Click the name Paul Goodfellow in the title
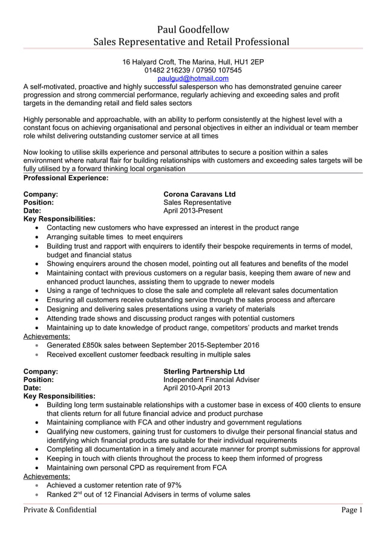193,29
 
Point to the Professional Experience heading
65,178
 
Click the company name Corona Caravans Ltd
200,194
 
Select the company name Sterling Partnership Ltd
204,371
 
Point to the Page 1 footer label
352,510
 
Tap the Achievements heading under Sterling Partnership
46,476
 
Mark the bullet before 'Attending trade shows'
39,319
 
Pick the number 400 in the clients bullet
303,405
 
